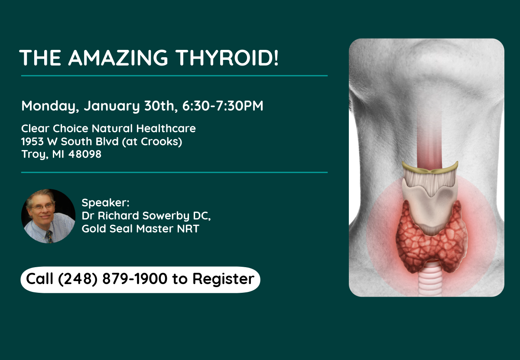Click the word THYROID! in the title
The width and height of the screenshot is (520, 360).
227,58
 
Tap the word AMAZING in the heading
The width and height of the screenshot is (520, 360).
118,58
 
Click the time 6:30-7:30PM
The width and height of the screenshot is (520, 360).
223,106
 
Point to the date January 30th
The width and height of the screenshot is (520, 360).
131,106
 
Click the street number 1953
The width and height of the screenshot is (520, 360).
32,141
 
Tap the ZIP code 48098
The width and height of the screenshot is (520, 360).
85,154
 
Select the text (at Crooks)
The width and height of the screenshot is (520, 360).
152,141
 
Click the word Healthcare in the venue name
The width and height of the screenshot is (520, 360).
166,128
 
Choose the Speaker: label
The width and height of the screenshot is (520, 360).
105,203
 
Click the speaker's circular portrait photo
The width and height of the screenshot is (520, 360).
48,216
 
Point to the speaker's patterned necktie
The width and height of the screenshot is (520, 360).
49,236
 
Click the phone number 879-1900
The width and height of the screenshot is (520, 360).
135,278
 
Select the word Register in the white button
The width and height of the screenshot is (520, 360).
223,279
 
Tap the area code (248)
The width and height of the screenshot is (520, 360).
78,279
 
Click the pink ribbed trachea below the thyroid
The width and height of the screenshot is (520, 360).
430,281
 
